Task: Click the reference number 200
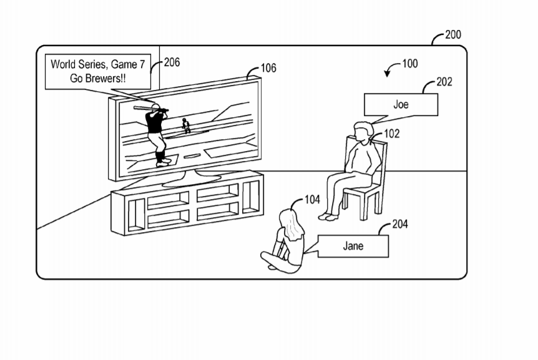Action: (453, 35)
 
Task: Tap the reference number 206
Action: (171, 62)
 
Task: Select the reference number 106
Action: (268, 68)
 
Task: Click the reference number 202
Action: (444, 82)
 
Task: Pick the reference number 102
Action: (392, 134)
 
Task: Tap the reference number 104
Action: (312, 200)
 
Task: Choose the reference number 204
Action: (400, 224)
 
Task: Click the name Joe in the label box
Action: (401, 104)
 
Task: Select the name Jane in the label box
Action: (353, 246)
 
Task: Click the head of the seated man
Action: (361, 130)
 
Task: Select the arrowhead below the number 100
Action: (388, 74)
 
